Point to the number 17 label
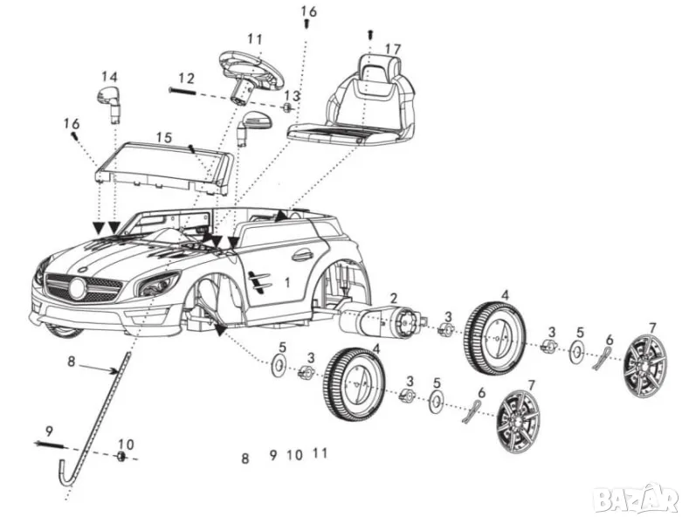click(x=392, y=49)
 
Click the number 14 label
click(x=109, y=75)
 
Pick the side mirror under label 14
click(x=109, y=103)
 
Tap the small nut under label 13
click(x=289, y=108)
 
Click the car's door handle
click(x=302, y=256)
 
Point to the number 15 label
click(x=164, y=137)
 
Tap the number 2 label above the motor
click(x=394, y=299)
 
